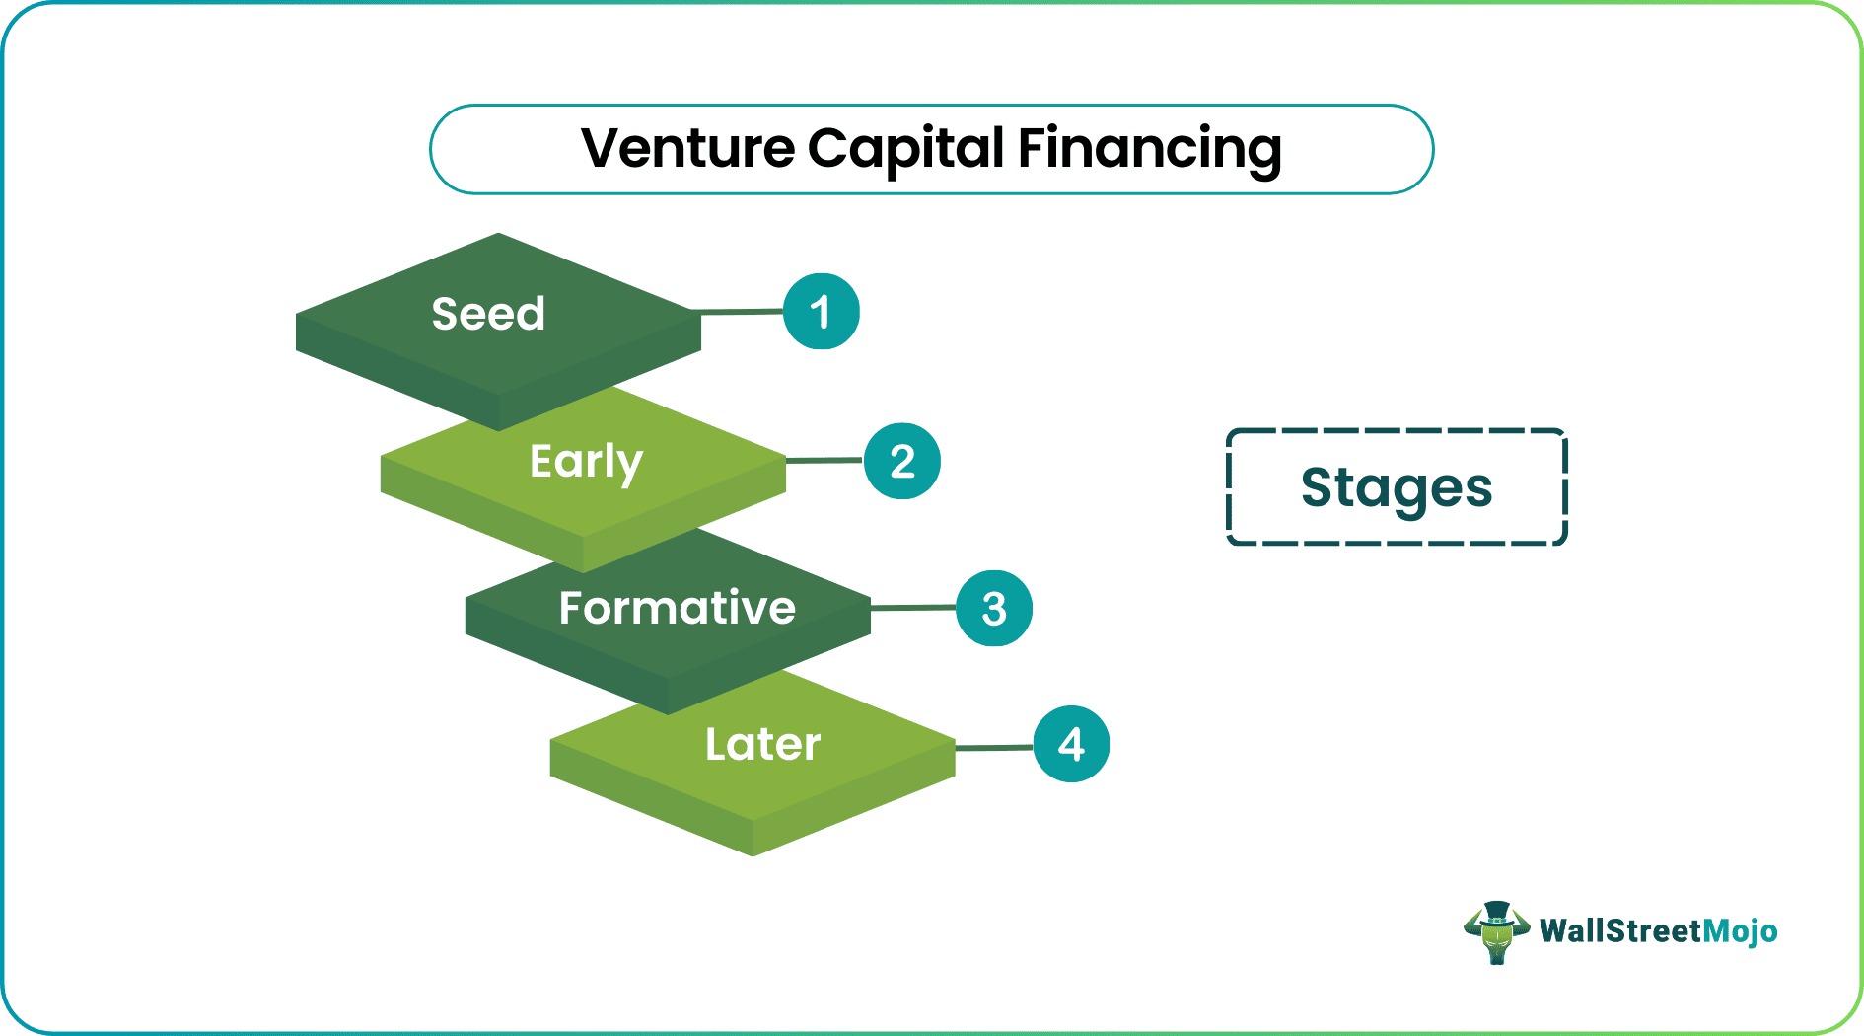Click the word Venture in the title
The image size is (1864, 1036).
[x=687, y=149]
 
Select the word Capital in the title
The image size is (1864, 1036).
[x=905, y=149]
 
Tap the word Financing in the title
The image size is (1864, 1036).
[x=1149, y=149]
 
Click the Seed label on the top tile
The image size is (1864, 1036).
[x=488, y=314]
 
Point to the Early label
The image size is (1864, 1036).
[x=586, y=462]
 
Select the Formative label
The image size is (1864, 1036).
[x=677, y=608]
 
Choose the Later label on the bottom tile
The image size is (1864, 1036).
[x=762, y=744]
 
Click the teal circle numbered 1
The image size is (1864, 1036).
[x=821, y=312]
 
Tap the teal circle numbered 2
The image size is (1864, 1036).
[x=902, y=461]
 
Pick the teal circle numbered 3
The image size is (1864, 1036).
[x=994, y=608]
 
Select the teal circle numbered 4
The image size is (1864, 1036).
[x=1071, y=744]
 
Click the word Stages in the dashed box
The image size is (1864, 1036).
[x=1397, y=487]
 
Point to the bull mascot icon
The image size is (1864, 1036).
[x=1496, y=933]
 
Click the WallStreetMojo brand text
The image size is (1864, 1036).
[x=1658, y=930]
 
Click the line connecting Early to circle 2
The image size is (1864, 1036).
[x=824, y=460]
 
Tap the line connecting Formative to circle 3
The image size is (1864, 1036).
[x=913, y=608]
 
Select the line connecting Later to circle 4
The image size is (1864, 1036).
[x=994, y=748]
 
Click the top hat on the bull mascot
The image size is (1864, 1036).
[x=1496, y=912]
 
